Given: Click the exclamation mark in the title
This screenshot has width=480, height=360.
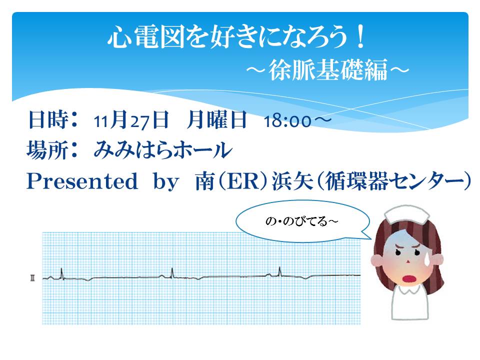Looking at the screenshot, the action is coord(360,36).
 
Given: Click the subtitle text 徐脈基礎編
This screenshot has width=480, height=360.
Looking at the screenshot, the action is coord(328,70).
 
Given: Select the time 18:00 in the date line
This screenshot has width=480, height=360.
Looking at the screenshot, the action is coord(287,121).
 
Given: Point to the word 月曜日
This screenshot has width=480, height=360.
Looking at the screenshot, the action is coord(216,119).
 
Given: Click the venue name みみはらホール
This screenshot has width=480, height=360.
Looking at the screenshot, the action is coord(162,150).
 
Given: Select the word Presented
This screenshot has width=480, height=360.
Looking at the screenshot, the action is coord(82,181).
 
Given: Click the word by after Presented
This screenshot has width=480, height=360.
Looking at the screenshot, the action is coord(166,181).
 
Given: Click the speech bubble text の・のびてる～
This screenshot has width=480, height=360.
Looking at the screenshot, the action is coord(301,221).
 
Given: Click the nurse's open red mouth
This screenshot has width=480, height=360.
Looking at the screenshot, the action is coord(408,279).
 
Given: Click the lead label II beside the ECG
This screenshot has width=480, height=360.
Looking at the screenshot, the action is coord(32,278).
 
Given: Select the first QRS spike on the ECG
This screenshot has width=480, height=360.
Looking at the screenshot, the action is coord(61,273).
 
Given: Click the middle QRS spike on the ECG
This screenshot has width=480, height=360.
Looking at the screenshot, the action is coord(172,273).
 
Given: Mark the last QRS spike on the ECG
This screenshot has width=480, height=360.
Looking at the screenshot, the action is coord(279,272).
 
